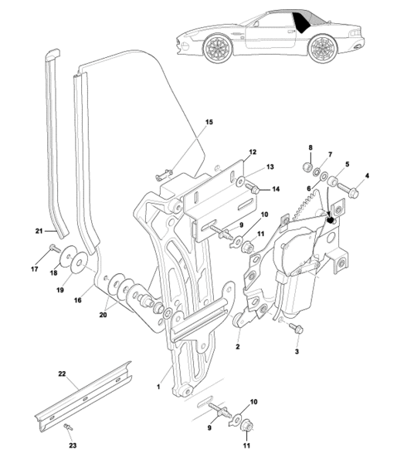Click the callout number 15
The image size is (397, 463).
click(x=209, y=122)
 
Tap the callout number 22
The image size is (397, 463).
click(x=62, y=373)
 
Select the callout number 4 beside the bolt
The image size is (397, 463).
click(x=367, y=176)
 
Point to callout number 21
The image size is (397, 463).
click(x=39, y=231)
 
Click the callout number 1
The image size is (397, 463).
click(x=158, y=387)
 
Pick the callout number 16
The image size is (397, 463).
click(x=78, y=300)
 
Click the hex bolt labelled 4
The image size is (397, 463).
click(x=348, y=191)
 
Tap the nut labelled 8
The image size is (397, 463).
click(x=307, y=167)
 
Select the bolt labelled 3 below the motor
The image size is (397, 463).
click(x=296, y=328)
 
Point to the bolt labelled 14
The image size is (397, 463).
click(x=252, y=188)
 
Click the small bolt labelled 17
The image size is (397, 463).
click(x=53, y=248)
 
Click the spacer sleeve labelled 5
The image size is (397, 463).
click(x=333, y=180)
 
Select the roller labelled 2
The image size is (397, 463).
click(x=238, y=320)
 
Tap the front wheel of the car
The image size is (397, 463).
click(x=217, y=48)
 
